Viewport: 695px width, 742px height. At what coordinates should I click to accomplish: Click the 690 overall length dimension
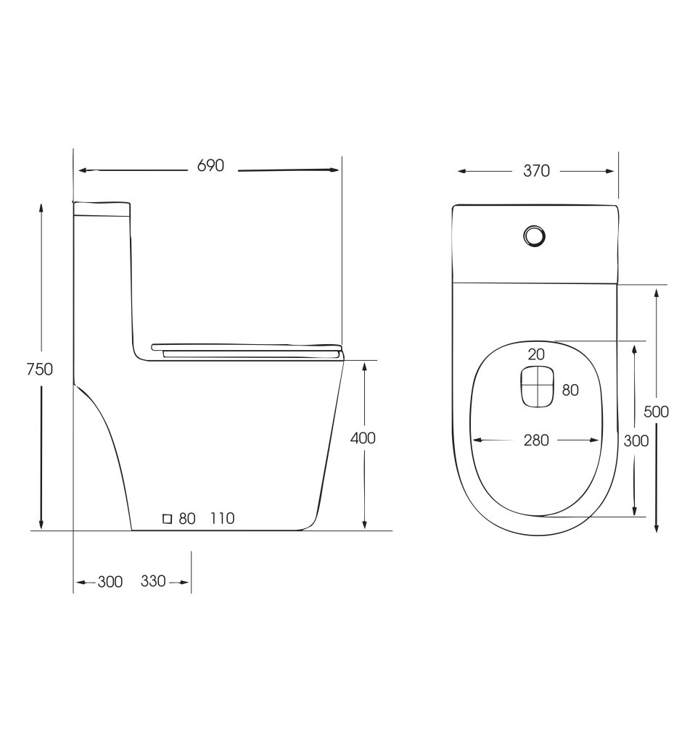click(210, 166)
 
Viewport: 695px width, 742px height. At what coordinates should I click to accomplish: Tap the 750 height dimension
click(39, 369)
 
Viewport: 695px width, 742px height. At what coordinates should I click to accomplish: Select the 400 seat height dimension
click(363, 438)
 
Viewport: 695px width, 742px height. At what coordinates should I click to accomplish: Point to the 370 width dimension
click(536, 171)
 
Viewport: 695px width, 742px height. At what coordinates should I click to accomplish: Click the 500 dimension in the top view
click(656, 412)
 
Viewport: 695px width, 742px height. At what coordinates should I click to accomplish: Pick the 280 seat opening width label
click(536, 440)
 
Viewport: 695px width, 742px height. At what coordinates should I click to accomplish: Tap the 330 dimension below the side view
click(153, 580)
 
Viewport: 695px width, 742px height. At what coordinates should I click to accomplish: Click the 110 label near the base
click(222, 519)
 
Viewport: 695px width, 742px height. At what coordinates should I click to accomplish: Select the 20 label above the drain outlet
click(536, 354)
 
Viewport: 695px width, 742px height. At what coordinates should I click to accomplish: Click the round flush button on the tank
click(535, 235)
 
